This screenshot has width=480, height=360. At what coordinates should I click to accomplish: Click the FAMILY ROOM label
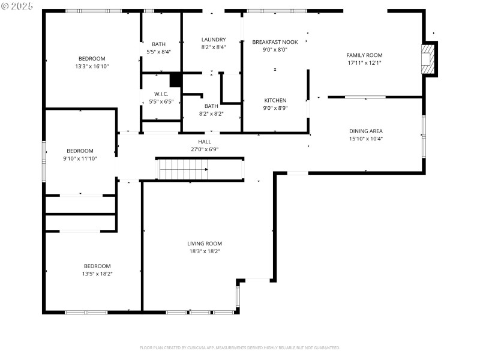point(364,55)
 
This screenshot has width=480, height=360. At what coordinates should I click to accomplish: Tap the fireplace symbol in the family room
point(429,59)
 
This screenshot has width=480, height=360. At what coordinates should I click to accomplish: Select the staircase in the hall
point(182,169)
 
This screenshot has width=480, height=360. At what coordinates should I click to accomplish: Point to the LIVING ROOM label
point(205,244)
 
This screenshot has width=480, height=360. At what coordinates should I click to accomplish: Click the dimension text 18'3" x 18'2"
point(205,251)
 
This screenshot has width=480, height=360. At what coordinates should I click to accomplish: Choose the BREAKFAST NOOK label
point(275,42)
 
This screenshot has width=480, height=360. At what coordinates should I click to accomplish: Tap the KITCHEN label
point(275,100)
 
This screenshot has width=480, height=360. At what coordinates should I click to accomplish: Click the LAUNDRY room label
point(213,40)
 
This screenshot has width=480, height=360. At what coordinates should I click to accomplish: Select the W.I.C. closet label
point(161,94)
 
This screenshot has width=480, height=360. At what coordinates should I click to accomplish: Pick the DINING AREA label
point(366,131)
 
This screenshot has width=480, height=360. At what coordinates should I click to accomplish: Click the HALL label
point(205,142)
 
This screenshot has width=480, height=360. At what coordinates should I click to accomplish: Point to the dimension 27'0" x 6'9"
point(205,149)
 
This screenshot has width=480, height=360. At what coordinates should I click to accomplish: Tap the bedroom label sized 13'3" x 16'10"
point(92,58)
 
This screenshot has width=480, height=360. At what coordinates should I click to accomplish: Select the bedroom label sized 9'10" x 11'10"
point(80,151)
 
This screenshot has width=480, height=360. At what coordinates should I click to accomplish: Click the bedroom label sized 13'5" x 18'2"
point(97,266)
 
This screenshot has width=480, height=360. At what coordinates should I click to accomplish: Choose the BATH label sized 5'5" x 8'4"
point(159,44)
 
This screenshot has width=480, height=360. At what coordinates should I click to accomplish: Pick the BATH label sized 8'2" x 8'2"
point(211,106)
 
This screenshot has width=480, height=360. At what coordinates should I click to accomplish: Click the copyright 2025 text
point(17,5)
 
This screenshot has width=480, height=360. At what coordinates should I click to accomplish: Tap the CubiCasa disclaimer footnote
point(240,348)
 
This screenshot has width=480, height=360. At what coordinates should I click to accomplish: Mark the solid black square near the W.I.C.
point(175,80)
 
